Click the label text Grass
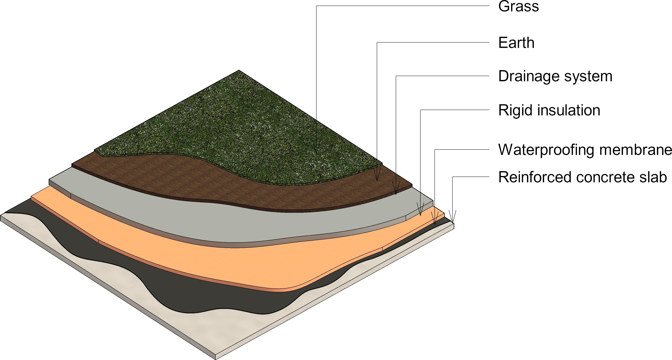pos(518,7)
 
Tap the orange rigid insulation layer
pos(235,261)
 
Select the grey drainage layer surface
pos(235,222)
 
